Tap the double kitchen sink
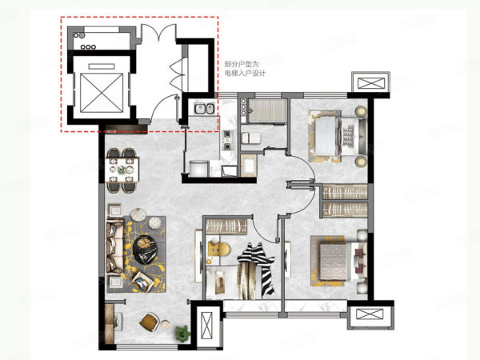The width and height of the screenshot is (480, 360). point(204,108)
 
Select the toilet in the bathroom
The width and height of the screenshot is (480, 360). point(251,138)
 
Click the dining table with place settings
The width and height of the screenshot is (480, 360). point(122,170)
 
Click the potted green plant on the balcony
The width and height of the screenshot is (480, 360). point(182,333)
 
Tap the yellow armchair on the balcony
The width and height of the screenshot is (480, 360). point(150,322)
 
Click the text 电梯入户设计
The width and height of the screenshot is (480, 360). point(245,74)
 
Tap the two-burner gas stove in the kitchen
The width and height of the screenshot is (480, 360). point(227,141)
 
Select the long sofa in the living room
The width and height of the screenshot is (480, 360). point(114,246)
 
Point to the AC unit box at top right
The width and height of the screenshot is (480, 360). point(371,82)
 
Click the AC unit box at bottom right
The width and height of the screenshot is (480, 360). point(370,314)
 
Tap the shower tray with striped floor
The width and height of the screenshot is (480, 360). point(267,111)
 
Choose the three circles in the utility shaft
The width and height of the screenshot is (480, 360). point(88,47)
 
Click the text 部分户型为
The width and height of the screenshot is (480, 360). point(242,64)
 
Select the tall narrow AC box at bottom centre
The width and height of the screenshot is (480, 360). point(206,326)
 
